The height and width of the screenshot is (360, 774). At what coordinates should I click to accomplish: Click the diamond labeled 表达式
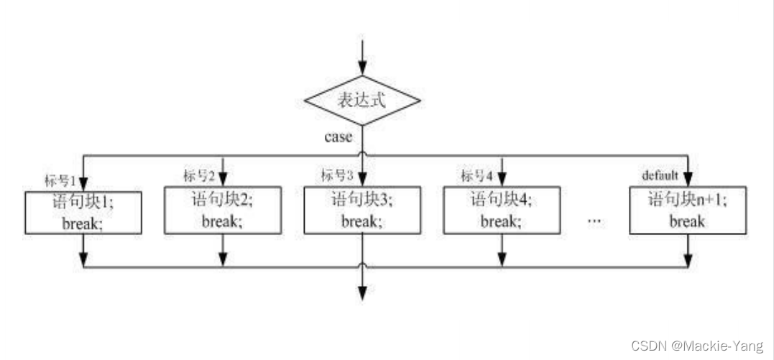[361, 101]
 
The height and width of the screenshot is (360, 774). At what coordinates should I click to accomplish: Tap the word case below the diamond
[338, 137]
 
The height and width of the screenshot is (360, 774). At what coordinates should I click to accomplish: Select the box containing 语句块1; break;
[83, 211]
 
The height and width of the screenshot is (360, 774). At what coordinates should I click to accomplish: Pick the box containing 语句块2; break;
[222, 210]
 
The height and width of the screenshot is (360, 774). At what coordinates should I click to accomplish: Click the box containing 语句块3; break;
[361, 210]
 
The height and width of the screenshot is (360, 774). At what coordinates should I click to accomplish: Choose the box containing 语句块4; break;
[501, 210]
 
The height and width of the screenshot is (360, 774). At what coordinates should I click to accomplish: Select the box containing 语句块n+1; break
[688, 210]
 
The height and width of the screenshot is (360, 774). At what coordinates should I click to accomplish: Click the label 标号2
[200, 175]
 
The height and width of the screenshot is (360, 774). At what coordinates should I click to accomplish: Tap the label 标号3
[338, 175]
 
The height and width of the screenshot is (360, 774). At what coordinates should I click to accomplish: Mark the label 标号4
[477, 175]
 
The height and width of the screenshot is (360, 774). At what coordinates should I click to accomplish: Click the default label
[660, 175]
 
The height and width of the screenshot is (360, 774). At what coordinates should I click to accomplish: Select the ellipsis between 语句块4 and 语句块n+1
[594, 221]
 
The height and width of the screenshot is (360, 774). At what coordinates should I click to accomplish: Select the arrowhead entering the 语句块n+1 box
[688, 179]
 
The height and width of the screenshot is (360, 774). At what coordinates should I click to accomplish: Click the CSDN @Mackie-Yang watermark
[697, 346]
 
